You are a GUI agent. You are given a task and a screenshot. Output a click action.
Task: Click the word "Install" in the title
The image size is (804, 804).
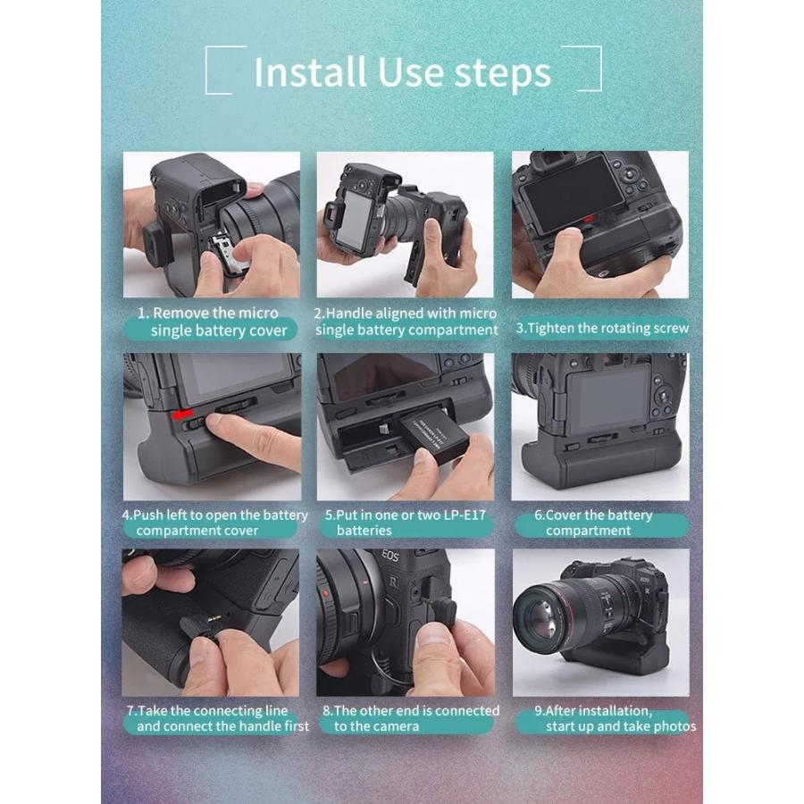pyautogui.click(x=310, y=71)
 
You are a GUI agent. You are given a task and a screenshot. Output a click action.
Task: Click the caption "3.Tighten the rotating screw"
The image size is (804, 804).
pyautogui.click(x=602, y=328)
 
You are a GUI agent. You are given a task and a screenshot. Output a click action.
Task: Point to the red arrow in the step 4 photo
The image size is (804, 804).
pyautogui.click(x=182, y=413)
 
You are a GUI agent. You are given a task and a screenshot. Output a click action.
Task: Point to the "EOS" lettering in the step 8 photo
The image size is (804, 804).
pyautogui.click(x=390, y=556)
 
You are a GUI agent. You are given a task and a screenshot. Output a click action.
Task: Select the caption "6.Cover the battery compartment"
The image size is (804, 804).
pyautogui.click(x=594, y=522)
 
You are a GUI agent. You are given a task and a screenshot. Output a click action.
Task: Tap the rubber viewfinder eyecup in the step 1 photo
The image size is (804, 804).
pyautogui.click(x=157, y=243)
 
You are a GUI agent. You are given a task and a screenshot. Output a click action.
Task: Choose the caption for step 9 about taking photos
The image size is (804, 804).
pyautogui.click(x=616, y=718)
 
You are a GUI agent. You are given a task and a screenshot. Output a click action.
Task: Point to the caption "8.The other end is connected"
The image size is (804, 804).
pyautogui.click(x=411, y=710)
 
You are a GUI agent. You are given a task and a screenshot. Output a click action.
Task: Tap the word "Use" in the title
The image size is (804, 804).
pyautogui.click(x=410, y=71)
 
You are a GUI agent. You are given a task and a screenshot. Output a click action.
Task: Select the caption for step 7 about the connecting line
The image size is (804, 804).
pyautogui.click(x=218, y=718)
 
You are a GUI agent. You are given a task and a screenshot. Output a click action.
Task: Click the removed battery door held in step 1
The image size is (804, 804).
pyautogui.click(x=229, y=253)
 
